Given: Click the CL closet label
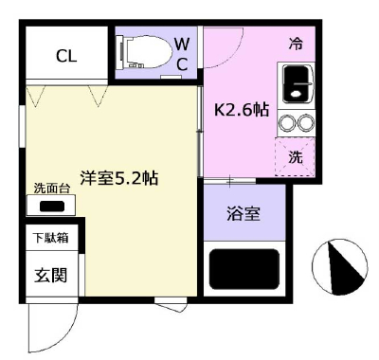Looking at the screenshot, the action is coord(66,57).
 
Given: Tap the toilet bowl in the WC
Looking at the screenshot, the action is coord(145,51).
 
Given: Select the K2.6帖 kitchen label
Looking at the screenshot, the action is coord(242,110).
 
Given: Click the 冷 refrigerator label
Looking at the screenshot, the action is coord(296,44).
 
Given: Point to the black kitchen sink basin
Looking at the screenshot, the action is coord(296,83).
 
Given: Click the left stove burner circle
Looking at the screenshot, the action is coord(287,122).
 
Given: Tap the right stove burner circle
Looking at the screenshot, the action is coord(306,122).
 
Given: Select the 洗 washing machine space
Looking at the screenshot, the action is coord(295,156).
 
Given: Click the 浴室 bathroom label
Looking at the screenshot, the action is coord(244,214).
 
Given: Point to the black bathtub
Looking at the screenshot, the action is coord(244,269).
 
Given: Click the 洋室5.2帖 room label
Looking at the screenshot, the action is coord(119,178).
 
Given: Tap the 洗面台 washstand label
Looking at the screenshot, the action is coord(51,189).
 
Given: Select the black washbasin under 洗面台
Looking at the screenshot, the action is coord(52,207).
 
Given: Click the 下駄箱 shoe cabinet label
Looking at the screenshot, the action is coord(51,238).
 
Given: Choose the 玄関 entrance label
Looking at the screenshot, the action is coord(51,275).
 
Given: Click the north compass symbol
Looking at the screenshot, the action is coord(340,267).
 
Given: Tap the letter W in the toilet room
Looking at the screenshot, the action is coord(182,45).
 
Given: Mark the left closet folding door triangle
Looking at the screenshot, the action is coord(36,96).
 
